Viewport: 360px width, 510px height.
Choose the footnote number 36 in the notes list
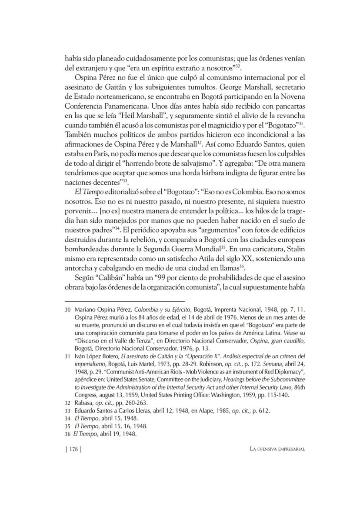68,434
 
